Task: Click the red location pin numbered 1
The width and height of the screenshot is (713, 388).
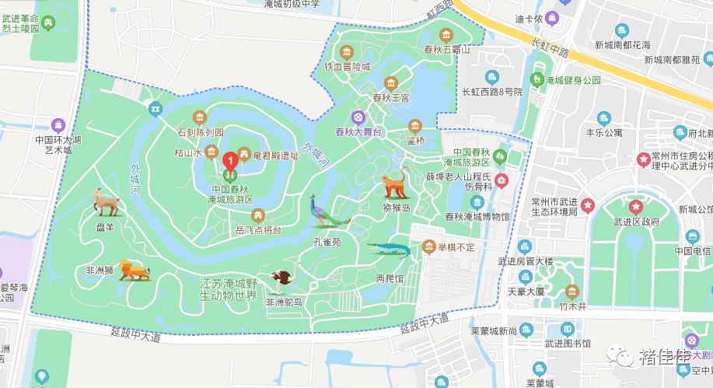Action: coord(230,161)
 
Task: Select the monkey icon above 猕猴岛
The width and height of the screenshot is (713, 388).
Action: coord(394,184)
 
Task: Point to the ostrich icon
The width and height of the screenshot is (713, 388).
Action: coord(284,278)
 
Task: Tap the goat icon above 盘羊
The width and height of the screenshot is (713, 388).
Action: coord(106,202)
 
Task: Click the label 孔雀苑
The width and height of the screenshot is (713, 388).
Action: coord(327,242)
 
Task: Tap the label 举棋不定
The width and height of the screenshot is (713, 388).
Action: coord(456,247)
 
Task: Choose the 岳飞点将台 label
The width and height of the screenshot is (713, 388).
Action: coord(257,229)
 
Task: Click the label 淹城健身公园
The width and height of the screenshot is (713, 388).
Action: coord(573,80)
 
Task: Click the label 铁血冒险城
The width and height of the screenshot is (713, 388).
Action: coord(348,67)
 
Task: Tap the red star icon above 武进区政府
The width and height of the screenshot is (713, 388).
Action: coord(636,207)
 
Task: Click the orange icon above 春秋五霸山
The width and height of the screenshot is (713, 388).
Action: coord(446,36)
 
